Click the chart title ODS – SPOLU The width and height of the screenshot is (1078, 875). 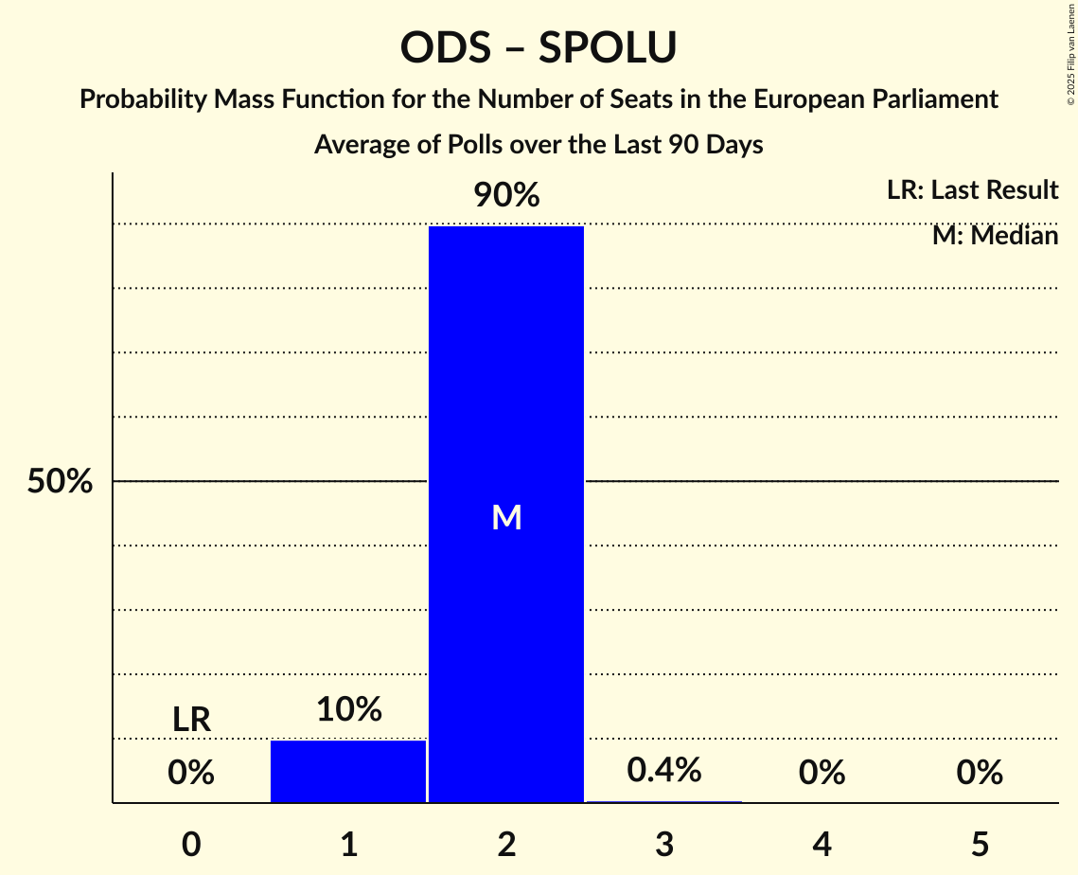pos(539,47)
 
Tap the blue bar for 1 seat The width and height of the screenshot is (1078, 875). pos(348,771)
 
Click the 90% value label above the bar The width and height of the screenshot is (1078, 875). pos(506,196)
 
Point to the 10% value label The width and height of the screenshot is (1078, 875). pos(348,708)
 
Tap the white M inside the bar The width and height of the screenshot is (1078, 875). pos(506,517)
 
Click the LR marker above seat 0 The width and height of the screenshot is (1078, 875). pos(191,720)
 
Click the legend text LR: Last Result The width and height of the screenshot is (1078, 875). pos(972,190)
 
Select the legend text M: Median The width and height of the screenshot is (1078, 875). pos(995,236)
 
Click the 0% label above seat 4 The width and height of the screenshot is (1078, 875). pos(822,773)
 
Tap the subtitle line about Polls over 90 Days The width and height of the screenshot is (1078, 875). pos(539,145)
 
